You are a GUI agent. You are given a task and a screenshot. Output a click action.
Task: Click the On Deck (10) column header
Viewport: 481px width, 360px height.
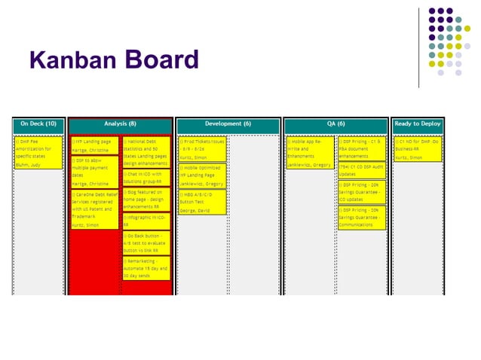pos(38,124)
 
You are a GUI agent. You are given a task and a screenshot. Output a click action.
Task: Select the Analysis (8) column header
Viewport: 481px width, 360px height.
pos(121,124)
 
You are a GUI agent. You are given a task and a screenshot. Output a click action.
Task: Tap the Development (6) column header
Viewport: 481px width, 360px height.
pos(228,124)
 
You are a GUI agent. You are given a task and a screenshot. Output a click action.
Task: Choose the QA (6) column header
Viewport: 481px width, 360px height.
pos(335,124)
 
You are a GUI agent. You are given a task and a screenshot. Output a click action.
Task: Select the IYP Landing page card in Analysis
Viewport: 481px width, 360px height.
pos(93,145)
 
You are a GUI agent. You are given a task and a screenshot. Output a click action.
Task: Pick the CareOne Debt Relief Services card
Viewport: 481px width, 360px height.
pos(93,209)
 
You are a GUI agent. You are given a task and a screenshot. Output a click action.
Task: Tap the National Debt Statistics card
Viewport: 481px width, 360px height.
pos(146,152)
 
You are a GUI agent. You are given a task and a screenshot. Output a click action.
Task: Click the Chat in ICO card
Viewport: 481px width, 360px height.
pos(146,178)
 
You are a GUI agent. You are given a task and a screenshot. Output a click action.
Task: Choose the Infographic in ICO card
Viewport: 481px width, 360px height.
pos(146,221)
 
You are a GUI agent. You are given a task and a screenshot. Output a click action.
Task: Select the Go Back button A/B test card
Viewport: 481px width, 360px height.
pos(146,243)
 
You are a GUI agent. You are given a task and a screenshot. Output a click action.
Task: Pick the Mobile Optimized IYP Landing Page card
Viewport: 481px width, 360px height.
pos(201,175)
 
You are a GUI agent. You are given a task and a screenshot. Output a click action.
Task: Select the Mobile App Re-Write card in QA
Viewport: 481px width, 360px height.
pos(309,152)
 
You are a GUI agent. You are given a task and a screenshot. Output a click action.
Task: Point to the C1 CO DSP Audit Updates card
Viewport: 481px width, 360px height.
pos(362,170)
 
